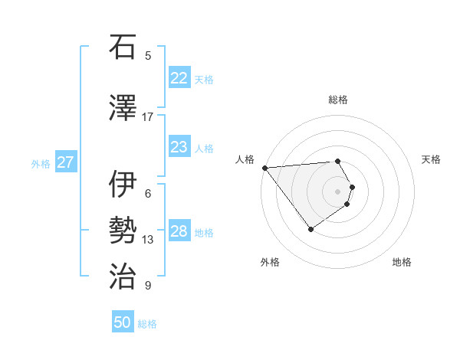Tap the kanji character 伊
pos(122,185)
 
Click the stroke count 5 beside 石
pos(148,55)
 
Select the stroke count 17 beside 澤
pos(148,116)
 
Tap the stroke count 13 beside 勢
pos(148,240)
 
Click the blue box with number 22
pos(179,78)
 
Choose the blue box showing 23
pos(179,147)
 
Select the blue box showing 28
pos(179,231)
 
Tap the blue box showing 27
pos(65,162)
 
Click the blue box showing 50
pos(122,322)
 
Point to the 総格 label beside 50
pos(147,324)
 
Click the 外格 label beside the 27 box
pos(41,163)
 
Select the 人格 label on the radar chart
pos(245,159)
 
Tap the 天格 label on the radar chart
pos(432,159)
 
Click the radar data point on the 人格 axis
pos(264,168)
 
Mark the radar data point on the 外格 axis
pos(310,229)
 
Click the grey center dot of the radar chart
pos(337,191)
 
